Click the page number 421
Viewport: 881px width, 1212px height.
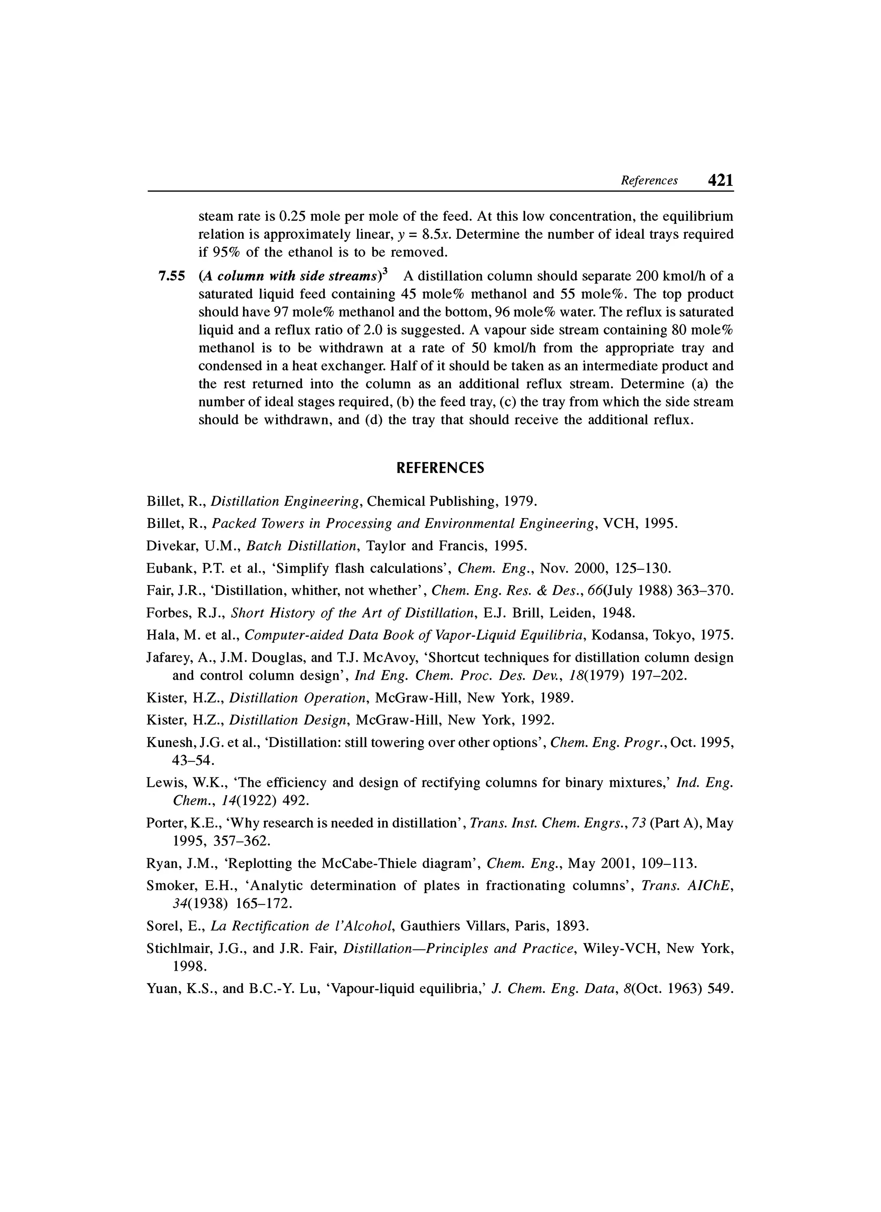click(720, 181)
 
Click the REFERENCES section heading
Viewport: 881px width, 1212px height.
click(440, 468)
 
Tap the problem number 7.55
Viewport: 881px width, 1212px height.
click(172, 276)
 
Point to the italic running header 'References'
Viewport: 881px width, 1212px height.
click(649, 181)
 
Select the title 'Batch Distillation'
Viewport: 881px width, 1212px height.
click(301, 546)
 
